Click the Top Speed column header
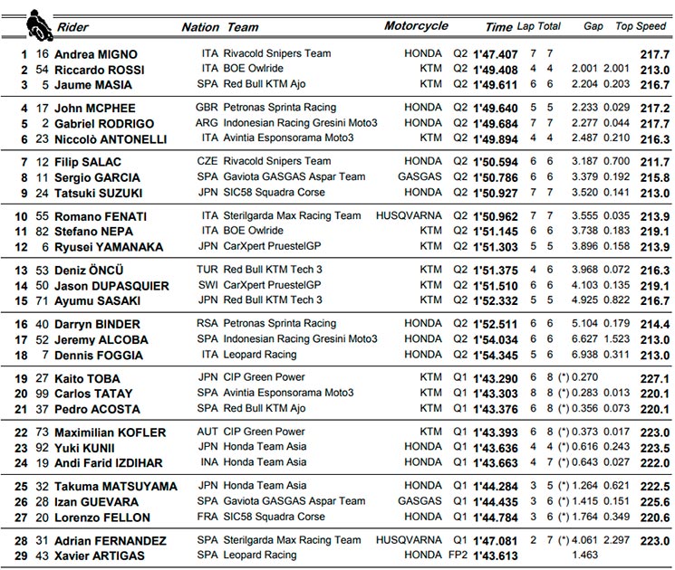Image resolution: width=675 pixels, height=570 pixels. (x=641, y=26)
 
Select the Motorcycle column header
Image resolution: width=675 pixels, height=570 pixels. (x=416, y=25)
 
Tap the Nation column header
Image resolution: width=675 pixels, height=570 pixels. (x=200, y=27)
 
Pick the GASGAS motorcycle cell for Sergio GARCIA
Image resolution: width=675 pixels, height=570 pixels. (x=420, y=176)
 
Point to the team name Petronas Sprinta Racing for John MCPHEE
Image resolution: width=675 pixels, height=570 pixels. (x=280, y=107)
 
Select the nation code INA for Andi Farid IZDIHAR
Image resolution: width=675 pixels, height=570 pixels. (x=209, y=462)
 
